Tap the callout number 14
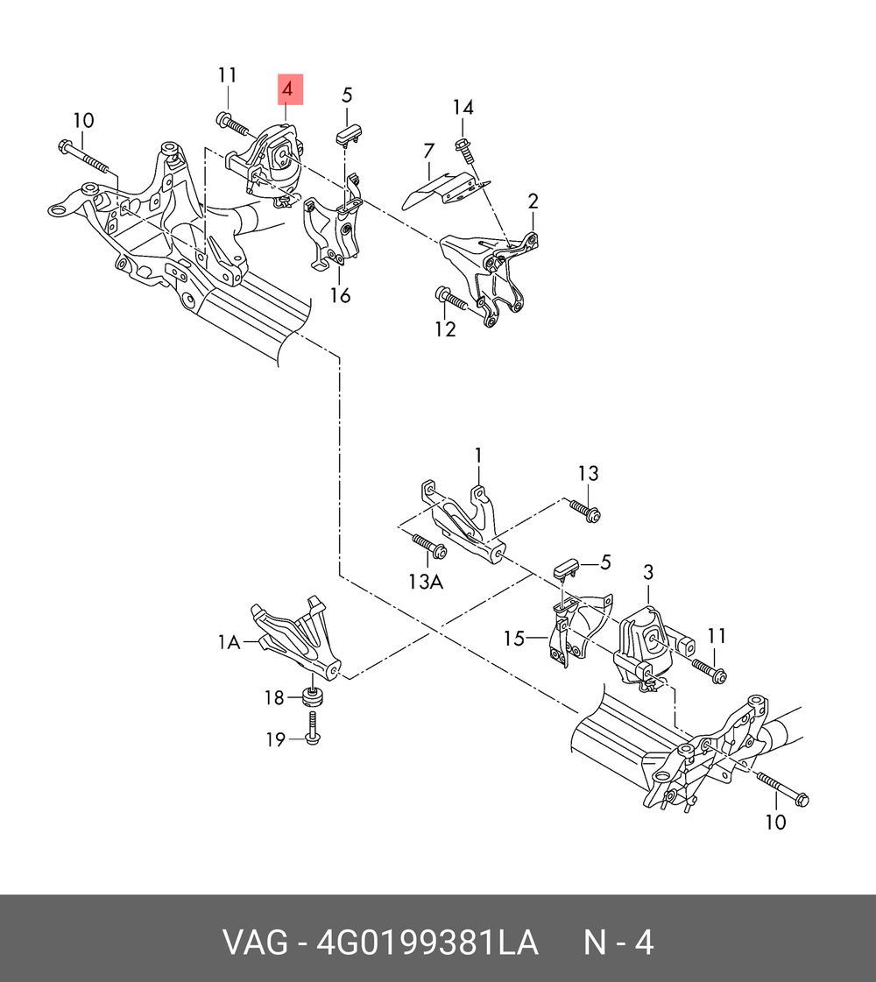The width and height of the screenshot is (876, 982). point(463,108)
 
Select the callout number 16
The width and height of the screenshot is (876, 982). point(340,295)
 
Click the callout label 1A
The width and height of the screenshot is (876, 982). point(229,643)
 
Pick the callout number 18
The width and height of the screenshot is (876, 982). point(274,697)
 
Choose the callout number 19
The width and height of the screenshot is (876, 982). point(275,739)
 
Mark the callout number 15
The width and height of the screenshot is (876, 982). point(514,639)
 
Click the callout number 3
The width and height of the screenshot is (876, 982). point(648,573)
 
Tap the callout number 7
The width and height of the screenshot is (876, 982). point(428,151)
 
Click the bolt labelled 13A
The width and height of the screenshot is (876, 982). point(428,546)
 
